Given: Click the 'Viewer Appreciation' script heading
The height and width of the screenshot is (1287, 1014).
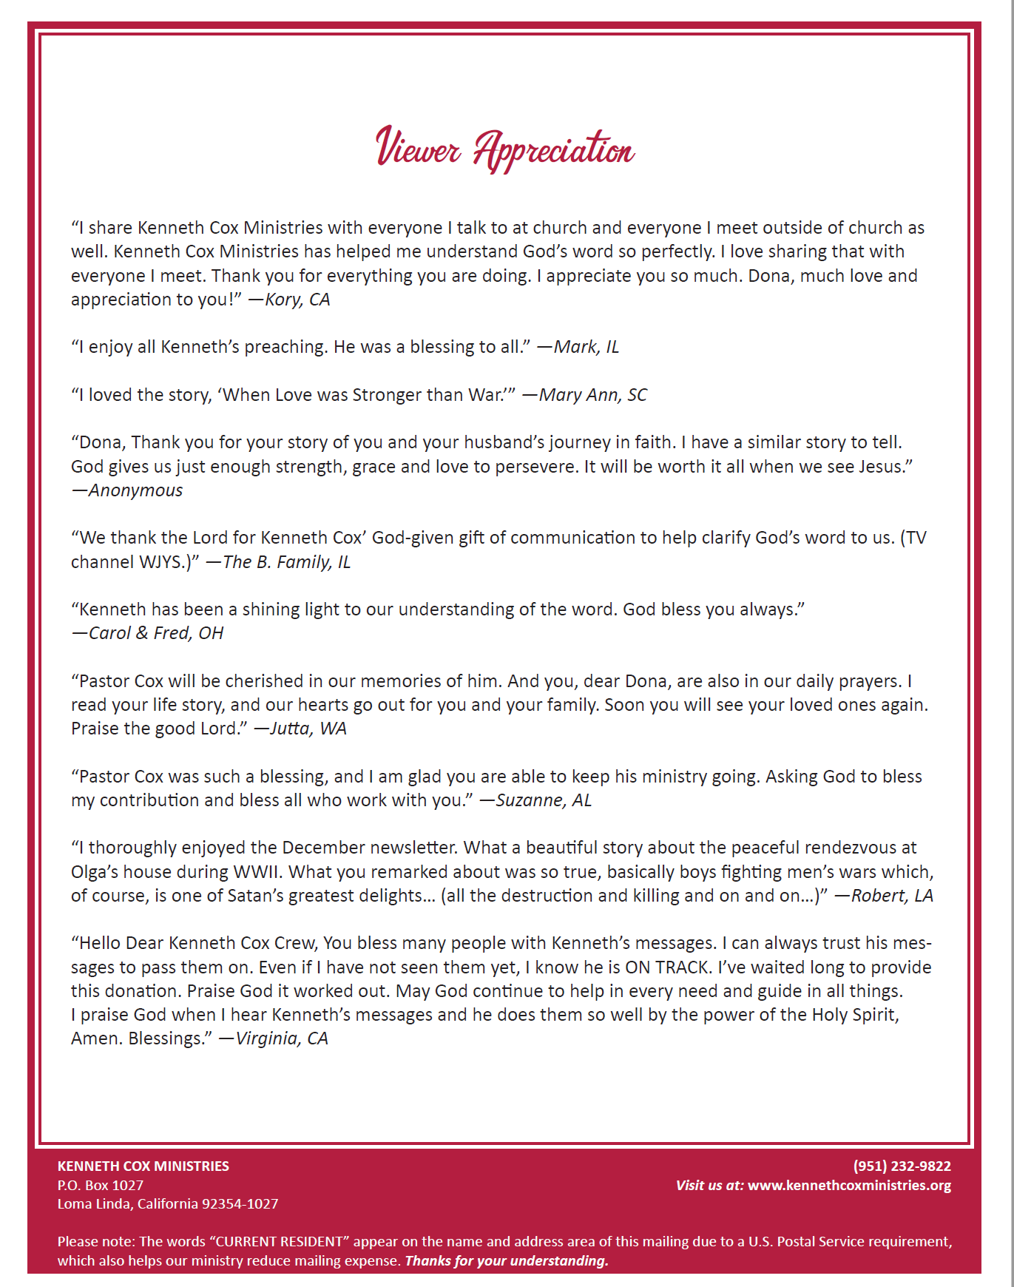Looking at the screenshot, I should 506,149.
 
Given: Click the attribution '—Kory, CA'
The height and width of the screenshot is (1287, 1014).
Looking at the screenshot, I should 289,300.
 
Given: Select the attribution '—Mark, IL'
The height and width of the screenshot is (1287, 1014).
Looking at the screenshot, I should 578,347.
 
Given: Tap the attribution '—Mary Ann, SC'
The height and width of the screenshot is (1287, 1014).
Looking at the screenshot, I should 584,395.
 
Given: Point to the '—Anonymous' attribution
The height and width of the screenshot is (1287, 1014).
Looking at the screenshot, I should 127,490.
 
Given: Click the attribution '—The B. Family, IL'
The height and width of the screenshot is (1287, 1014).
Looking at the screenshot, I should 278,562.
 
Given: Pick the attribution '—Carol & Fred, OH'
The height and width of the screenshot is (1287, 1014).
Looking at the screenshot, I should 147,633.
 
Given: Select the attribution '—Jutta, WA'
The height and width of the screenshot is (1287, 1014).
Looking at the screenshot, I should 300,729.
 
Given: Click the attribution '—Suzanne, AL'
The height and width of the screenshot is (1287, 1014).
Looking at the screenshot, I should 535,800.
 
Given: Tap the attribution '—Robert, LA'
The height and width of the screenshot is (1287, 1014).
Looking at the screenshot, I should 884,896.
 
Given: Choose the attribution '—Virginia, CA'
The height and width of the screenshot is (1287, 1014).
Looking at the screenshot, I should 273,1038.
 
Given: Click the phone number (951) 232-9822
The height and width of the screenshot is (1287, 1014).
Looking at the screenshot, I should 902,1166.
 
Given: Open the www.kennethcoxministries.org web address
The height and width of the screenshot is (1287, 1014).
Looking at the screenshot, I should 849,1186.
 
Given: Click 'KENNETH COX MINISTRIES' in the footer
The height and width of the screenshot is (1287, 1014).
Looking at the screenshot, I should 143,1166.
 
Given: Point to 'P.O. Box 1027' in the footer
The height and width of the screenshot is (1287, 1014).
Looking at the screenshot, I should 101,1186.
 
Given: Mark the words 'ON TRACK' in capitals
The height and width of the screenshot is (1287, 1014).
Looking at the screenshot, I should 667,967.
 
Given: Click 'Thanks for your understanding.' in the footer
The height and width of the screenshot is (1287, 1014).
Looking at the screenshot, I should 507,1261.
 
